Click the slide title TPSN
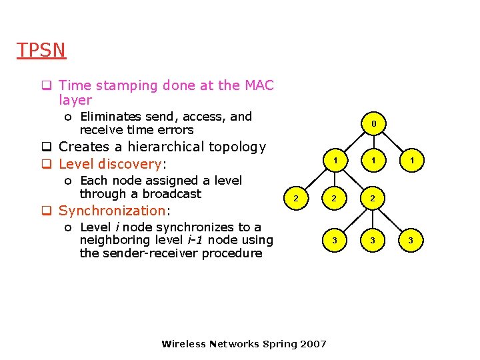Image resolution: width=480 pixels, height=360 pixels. point(41,51)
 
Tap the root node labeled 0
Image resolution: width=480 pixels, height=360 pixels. point(374,123)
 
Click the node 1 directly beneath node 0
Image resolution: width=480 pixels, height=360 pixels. point(374,161)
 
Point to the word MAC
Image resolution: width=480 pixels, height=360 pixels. point(259,85)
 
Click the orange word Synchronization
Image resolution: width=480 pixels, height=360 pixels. point(112,211)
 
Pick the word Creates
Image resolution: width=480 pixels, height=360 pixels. point(83,147)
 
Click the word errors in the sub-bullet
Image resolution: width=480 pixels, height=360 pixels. point(175,130)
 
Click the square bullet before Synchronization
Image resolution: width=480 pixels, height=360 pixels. point(47,211)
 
